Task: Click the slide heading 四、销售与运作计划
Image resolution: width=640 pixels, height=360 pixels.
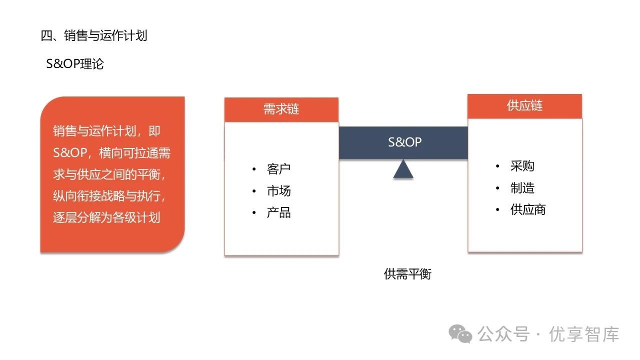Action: (93, 36)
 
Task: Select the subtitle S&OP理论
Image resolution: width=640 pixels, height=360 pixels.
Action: (75, 64)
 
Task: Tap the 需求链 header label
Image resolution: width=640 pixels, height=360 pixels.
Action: (281, 109)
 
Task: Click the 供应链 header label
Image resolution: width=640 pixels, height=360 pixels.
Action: (524, 106)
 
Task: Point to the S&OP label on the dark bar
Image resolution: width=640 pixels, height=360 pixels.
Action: (405, 142)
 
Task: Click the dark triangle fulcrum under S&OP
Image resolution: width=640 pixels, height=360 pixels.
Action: (403, 169)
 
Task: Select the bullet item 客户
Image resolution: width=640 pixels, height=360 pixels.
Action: (278, 169)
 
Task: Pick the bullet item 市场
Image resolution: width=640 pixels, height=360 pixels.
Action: (278, 191)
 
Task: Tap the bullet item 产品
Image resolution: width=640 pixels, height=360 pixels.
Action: (278, 213)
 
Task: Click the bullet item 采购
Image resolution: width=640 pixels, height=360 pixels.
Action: (522, 166)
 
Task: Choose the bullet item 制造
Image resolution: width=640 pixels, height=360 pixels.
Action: (522, 188)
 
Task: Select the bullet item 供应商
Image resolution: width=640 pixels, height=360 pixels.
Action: (528, 209)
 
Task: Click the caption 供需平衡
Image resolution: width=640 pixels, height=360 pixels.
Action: (407, 274)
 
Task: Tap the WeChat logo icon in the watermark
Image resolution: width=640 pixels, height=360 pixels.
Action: (460, 333)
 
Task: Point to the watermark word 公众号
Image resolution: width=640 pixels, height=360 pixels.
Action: (503, 334)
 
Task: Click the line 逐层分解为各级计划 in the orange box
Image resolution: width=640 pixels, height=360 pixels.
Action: (106, 218)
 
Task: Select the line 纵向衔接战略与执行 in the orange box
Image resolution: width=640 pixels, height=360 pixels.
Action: (109, 196)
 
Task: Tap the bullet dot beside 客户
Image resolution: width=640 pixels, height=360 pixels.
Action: (254, 169)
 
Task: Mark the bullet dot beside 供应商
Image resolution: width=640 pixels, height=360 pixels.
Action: (497, 210)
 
